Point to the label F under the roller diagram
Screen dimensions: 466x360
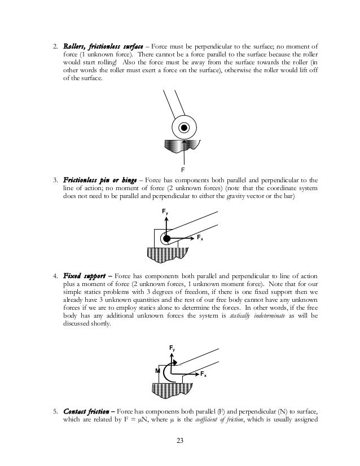point(183,169)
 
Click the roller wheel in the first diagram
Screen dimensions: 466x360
point(184,128)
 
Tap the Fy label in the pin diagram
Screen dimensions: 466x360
point(166,212)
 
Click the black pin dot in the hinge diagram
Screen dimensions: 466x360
point(166,239)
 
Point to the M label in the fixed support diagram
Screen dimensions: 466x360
point(157,371)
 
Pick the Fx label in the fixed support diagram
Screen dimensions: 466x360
point(203,374)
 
